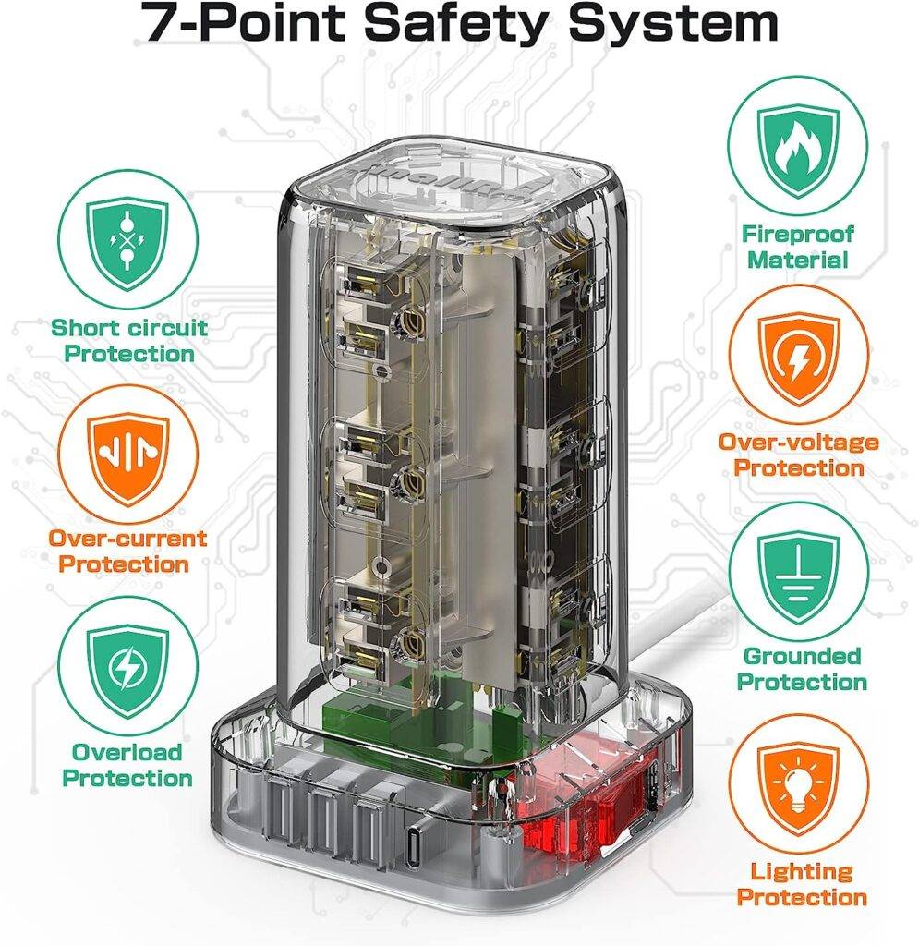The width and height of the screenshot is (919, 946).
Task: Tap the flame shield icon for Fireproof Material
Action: click(798, 149)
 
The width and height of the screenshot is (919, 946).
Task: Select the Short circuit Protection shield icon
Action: click(127, 243)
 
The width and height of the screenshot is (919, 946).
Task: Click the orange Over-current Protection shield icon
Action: click(127, 457)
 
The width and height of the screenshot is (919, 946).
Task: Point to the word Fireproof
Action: click(797, 234)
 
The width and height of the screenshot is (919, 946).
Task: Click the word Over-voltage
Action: click(798, 443)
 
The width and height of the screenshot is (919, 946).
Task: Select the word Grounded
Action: click(802, 656)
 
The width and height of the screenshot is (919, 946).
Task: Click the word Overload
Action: click(127, 752)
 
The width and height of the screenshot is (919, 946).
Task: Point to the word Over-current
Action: click(127, 539)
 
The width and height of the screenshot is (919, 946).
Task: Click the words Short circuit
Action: click(129, 328)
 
